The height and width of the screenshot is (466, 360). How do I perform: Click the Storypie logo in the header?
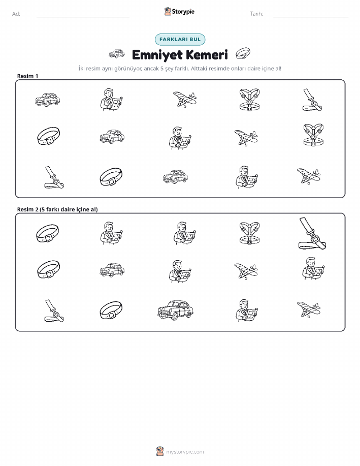[x=179, y=12]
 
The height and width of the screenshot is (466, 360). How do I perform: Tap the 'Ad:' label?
[x=16, y=14]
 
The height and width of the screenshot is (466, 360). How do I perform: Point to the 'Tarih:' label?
[x=256, y=14]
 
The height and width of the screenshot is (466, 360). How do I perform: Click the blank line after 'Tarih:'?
[x=311, y=17]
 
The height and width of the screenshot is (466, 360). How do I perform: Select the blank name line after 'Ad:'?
[x=83, y=17]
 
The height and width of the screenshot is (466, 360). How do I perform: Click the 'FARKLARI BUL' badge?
[x=180, y=39]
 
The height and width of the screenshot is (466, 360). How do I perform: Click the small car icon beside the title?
[x=116, y=54]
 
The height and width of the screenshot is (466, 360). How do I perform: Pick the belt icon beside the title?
[x=243, y=54]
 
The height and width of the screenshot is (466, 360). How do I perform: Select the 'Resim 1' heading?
[x=27, y=76]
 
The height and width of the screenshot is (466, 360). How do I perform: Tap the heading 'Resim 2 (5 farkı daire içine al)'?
[x=57, y=209]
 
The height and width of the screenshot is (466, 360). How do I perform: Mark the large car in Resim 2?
[x=175, y=310]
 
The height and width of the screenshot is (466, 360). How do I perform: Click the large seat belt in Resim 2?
[x=312, y=234]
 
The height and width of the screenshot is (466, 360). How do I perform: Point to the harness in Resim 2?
[x=249, y=233]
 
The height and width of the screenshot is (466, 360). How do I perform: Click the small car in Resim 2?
[x=112, y=270]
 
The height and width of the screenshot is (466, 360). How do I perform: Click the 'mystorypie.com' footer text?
[x=185, y=452]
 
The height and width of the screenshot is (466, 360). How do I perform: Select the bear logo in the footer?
[x=160, y=451]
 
